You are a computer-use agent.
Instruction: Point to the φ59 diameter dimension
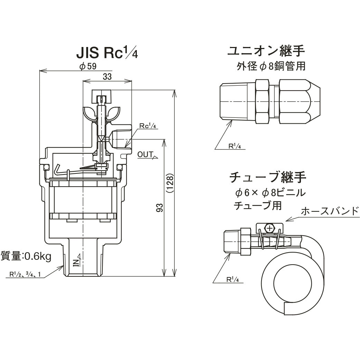pos(87,67)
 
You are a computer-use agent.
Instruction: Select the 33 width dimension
pos(107,77)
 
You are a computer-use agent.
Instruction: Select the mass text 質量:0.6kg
pos(26,256)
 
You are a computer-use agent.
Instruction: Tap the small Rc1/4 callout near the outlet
pos(148,126)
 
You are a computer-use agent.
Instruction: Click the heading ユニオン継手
pos(266,51)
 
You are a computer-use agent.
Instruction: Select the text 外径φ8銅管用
pos(271,66)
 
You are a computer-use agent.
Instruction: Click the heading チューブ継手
pos(268,178)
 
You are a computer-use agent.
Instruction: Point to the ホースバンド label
pos(330,211)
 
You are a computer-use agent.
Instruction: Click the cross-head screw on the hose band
pos(269,228)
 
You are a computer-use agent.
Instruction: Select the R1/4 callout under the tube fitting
pos(233,280)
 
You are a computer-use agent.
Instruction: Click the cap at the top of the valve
pos(102,93)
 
